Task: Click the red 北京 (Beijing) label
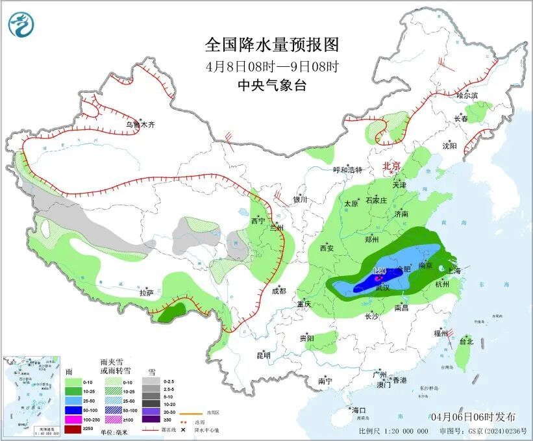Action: [393, 166]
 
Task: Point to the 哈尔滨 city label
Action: [466, 95]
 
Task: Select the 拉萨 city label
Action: [146, 293]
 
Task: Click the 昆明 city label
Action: [263, 355]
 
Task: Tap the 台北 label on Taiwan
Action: [465, 341]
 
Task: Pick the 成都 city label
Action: [279, 290]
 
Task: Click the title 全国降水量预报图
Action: [272, 45]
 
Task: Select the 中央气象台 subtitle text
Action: [272, 85]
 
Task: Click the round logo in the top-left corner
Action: [21, 25]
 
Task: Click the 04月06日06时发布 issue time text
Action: [473, 416]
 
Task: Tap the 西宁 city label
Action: [258, 221]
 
